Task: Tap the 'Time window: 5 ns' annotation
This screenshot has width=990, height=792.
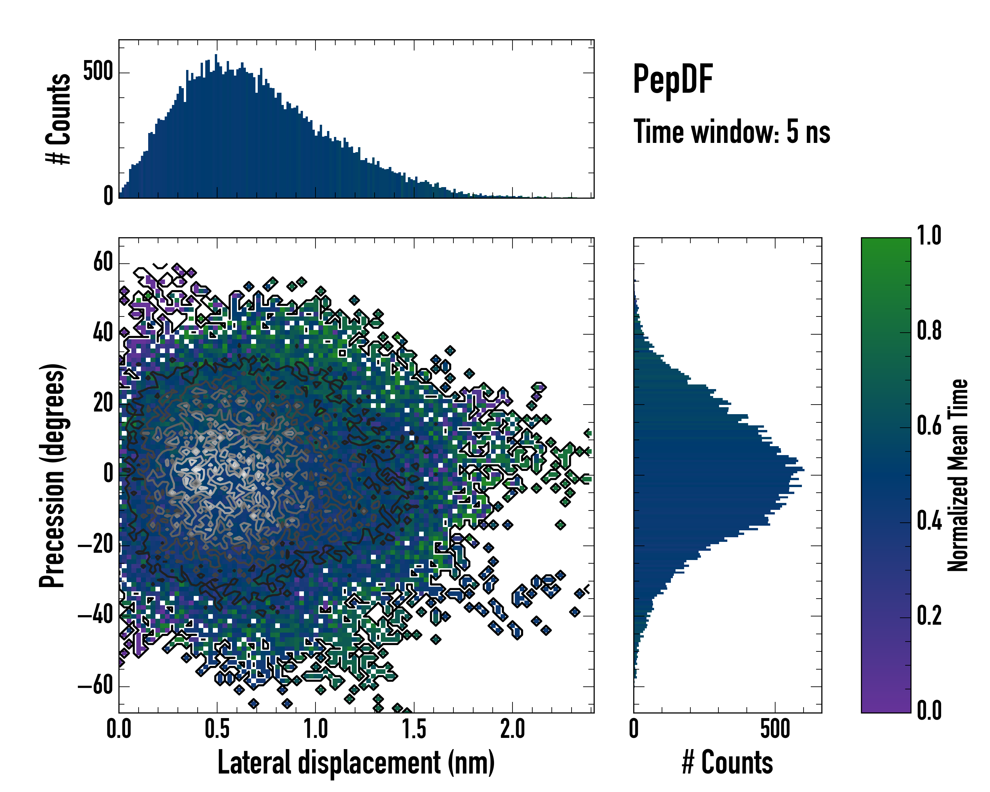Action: click(x=732, y=132)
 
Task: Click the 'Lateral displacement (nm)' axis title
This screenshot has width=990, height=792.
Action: click(x=356, y=763)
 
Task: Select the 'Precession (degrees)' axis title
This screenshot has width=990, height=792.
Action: click(x=52, y=475)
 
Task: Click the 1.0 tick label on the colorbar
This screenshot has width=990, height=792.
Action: click(x=929, y=236)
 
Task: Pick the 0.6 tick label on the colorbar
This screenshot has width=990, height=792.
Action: click(x=929, y=426)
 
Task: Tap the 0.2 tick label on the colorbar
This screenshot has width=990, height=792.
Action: click(x=929, y=616)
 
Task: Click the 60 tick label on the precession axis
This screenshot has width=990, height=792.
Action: click(x=103, y=263)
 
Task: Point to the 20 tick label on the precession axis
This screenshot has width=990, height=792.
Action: click(x=103, y=404)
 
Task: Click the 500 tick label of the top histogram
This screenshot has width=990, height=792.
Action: click(x=98, y=72)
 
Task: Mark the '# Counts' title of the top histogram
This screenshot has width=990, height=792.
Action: click(x=58, y=119)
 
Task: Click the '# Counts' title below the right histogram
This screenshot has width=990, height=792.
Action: click(x=727, y=763)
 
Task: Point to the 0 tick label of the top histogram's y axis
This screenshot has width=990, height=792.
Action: click(x=108, y=196)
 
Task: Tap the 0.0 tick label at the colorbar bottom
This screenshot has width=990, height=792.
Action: click(x=929, y=711)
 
